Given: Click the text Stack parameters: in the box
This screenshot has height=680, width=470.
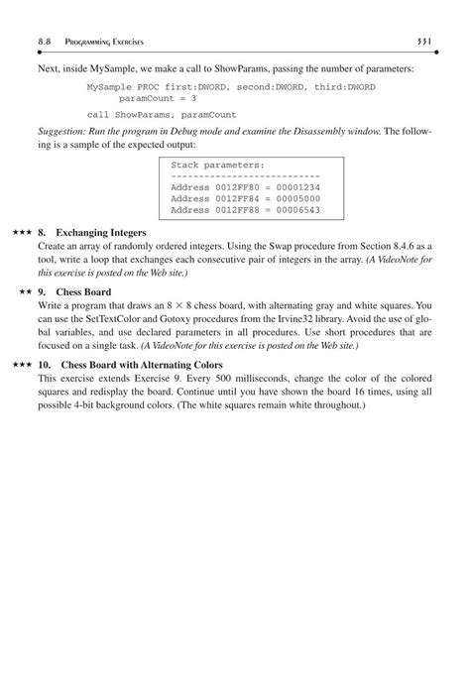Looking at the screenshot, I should pyautogui.click(x=217, y=163).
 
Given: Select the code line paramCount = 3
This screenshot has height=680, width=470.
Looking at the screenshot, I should pyautogui.click(x=157, y=99).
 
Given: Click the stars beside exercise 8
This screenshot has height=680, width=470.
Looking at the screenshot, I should pyautogui.click(x=22, y=232).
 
